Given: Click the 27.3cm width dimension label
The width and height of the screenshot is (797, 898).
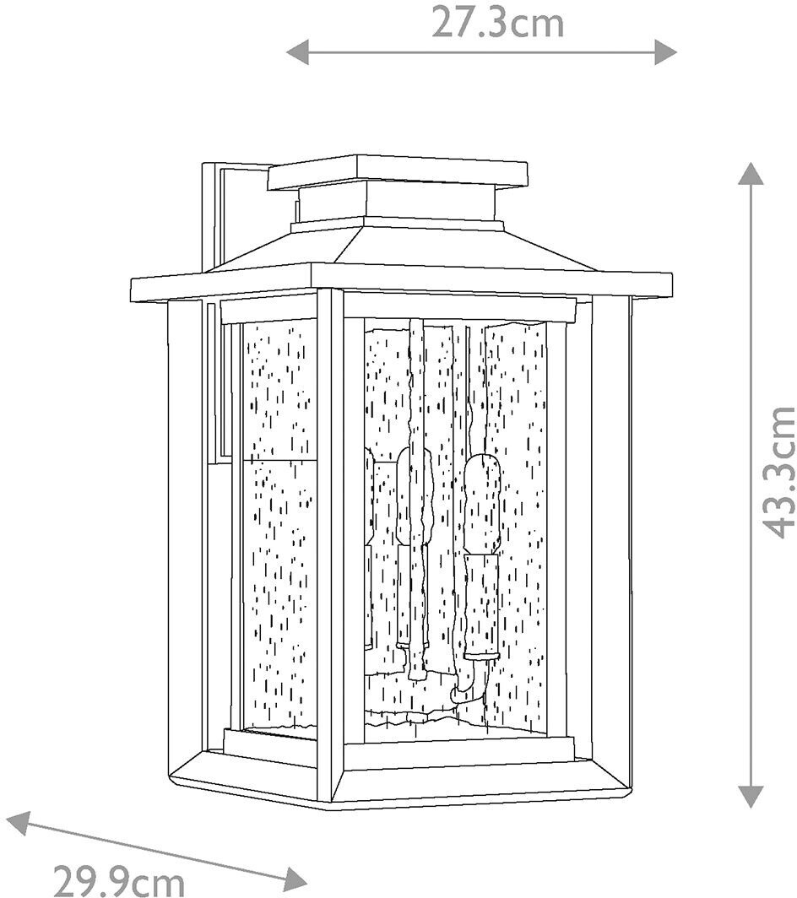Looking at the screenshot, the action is tap(497, 23).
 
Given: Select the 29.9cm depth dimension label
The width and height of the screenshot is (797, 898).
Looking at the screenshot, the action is tap(119, 880).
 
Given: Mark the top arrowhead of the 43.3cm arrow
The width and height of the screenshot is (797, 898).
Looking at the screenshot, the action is tap(750, 174).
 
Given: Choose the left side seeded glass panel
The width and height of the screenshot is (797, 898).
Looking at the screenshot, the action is tap(279, 523).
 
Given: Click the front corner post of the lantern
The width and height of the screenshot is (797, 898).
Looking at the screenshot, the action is tap(330, 540).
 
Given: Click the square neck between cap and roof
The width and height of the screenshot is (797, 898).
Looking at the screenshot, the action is tap(397, 204).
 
